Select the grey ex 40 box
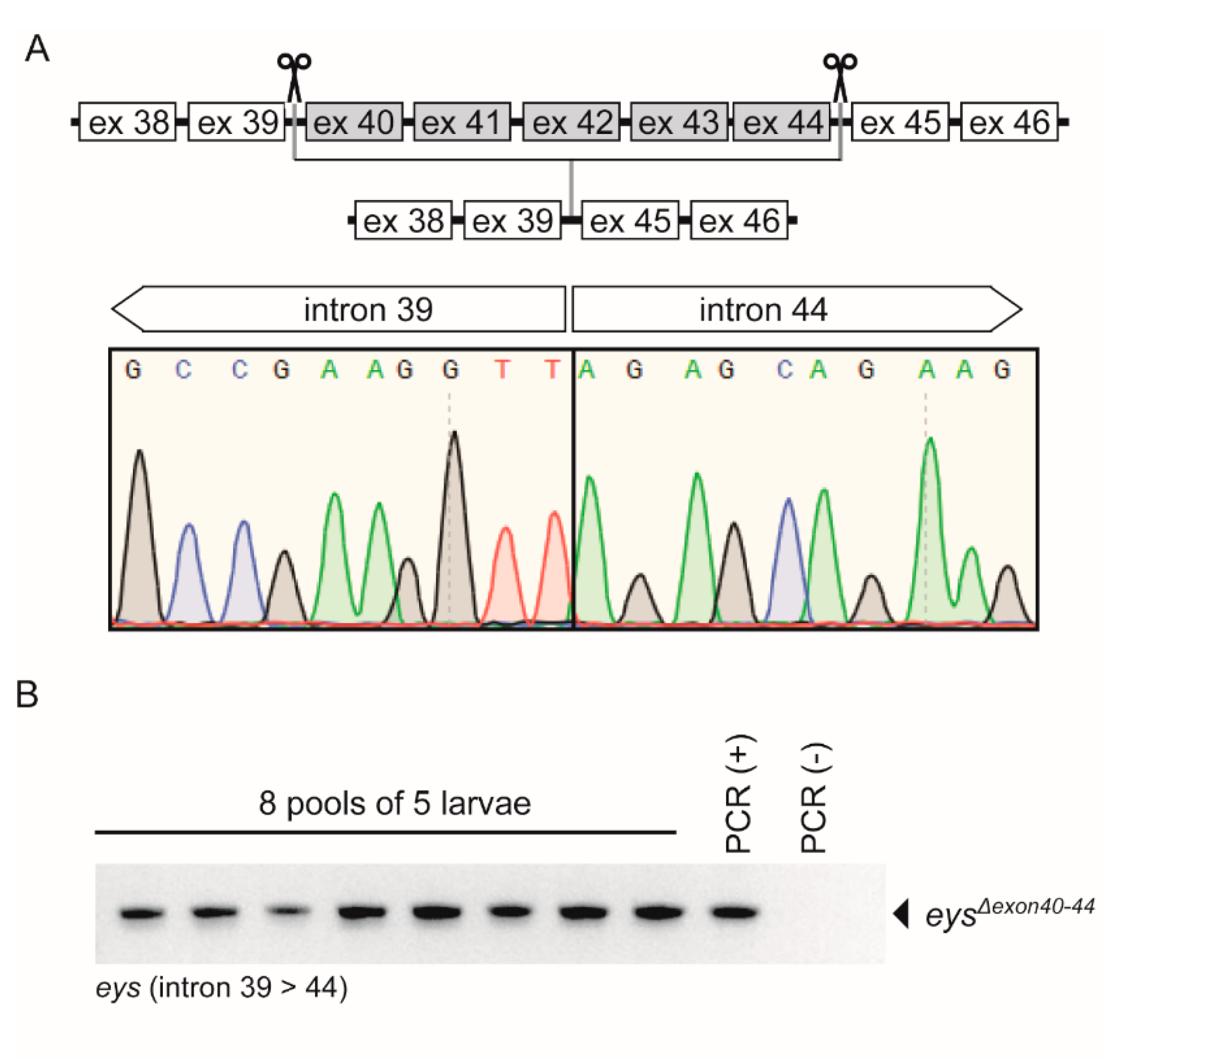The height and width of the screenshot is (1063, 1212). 354,122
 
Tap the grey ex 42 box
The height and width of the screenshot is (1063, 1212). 571,122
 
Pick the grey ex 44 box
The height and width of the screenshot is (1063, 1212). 782,122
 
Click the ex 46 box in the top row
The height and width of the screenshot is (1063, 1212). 1009,122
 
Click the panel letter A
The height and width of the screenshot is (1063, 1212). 37,49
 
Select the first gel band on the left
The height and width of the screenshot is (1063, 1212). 141,913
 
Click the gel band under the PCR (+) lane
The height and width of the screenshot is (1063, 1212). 735,912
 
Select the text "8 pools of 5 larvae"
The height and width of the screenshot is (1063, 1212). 395,803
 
